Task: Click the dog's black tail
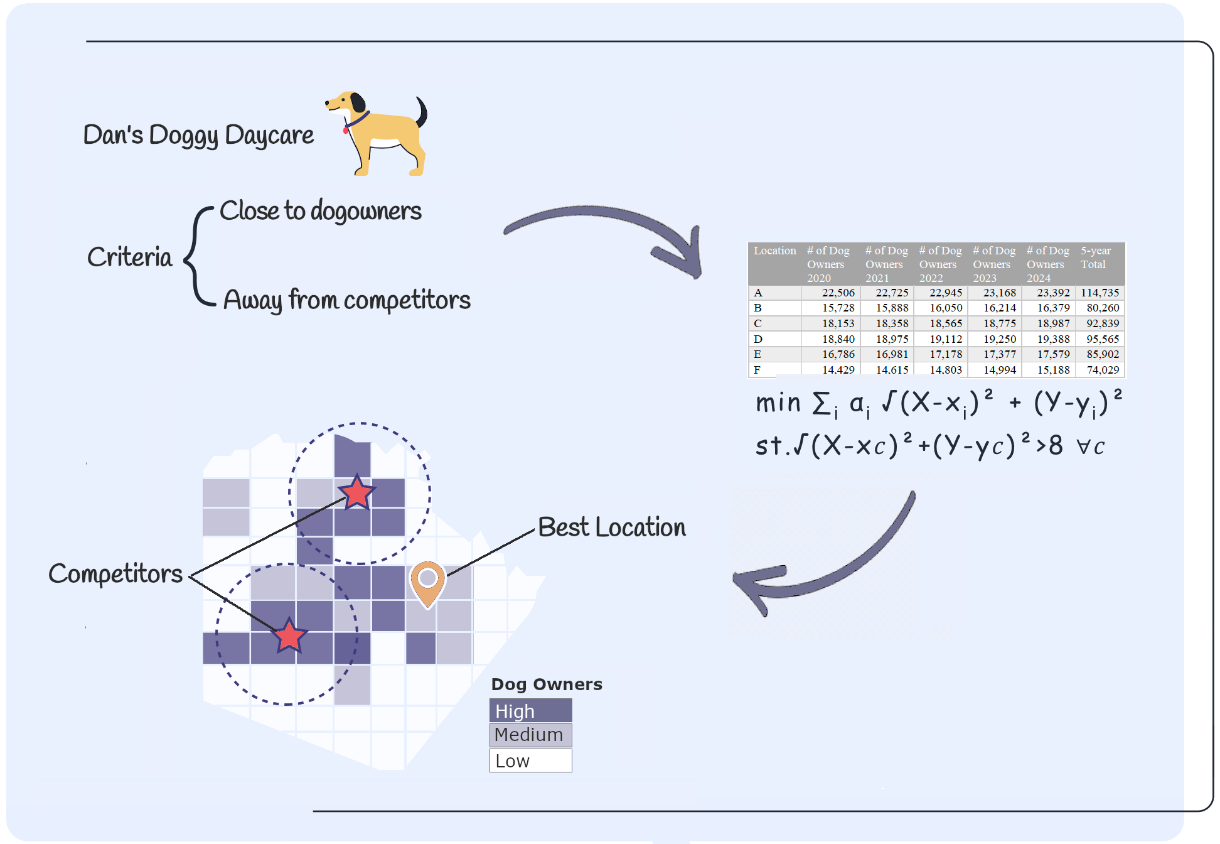[x=422, y=111]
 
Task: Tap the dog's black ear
[x=358, y=103]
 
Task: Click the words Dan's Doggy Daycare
[x=198, y=136]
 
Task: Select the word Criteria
[x=129, y=257]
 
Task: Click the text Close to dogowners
[x=320, y=211]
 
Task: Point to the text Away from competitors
[x=346, y=300]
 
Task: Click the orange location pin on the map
[x=428, y=581]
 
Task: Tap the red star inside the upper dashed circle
[x=357, y=493]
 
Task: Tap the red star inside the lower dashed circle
[x=289, y=636]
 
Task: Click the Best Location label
[x=612, y=527]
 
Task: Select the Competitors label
[x=115, y=574]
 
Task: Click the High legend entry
[x=530, y=711]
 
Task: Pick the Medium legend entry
[x=530, y=735]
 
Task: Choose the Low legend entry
[x=530, y=761]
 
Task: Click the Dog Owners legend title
[x=546, y=684]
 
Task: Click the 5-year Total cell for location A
[x=1100, y=293]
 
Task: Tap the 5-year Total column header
[x=1096, y=257]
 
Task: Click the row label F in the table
[x=757, y=370]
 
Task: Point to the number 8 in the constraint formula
[x=1056, y=446]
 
